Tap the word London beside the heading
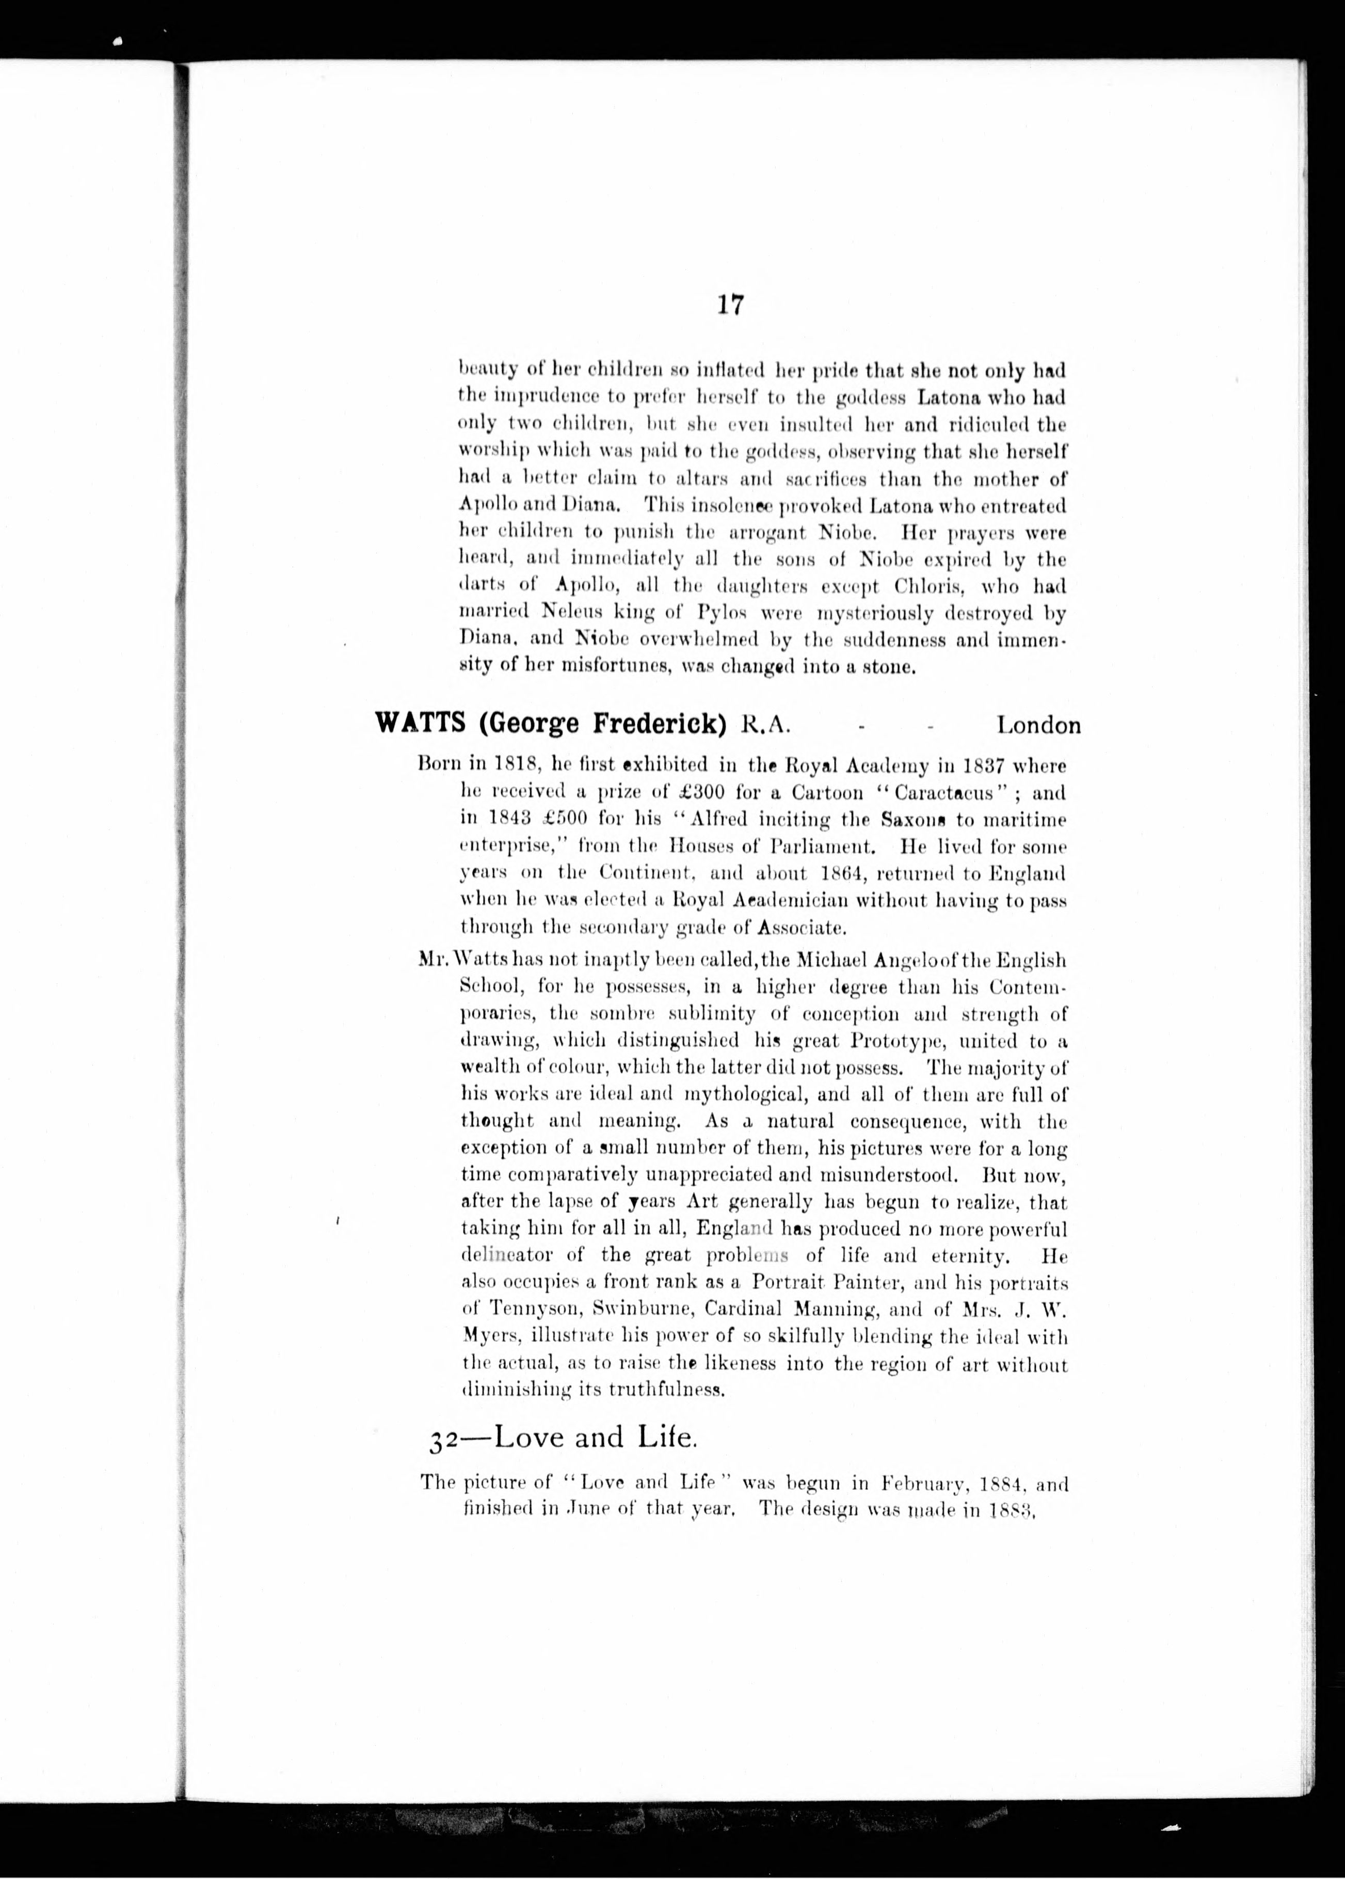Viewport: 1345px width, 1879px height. (1038, 725)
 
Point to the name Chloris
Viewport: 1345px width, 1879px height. (929, 586)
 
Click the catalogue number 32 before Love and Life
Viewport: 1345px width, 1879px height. (444, 1442)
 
